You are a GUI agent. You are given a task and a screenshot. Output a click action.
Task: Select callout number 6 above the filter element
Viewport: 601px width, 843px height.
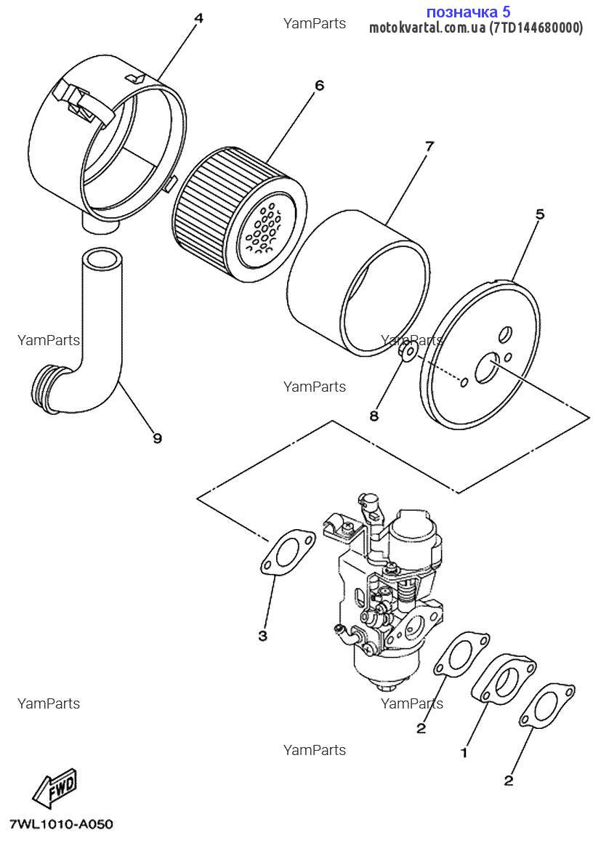coord(319,85)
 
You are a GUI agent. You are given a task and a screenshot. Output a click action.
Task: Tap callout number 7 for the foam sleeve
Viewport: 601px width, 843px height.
coord(429,146)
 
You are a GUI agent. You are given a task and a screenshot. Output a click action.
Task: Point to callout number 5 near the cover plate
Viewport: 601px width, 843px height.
coord(540,214)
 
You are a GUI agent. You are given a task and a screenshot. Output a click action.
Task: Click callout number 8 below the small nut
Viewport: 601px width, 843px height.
coord(374,416)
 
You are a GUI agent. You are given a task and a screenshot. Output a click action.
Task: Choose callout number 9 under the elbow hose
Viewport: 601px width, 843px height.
coord(157,437)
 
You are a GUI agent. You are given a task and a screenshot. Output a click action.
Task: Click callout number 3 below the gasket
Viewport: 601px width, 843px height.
coord(262,636)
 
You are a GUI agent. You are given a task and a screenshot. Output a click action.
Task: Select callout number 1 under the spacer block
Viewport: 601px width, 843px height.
coord(464,754)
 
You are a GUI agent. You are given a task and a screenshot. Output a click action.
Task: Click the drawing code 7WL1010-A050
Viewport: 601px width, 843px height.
coord(61,825)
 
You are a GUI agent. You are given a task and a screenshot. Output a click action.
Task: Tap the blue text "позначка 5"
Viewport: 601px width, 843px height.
coord(468,12)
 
